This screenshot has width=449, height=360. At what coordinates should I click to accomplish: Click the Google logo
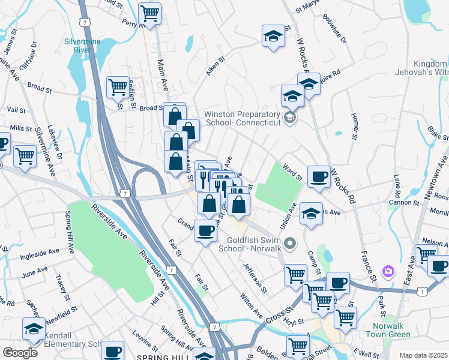click(x=20, y=353)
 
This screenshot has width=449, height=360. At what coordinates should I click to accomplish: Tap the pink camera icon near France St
click(x=388, y=272)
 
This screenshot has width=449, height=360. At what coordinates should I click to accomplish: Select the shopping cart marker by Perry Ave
click(x=149, y=13)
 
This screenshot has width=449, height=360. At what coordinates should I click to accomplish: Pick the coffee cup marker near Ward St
click(x=319, y=176)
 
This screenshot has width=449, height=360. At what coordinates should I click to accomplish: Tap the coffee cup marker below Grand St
click(x=205, y=230)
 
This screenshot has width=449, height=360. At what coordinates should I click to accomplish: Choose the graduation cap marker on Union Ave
click(x=311, y=214)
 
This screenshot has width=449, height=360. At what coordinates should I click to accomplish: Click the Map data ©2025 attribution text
click(x=423, y=355)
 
